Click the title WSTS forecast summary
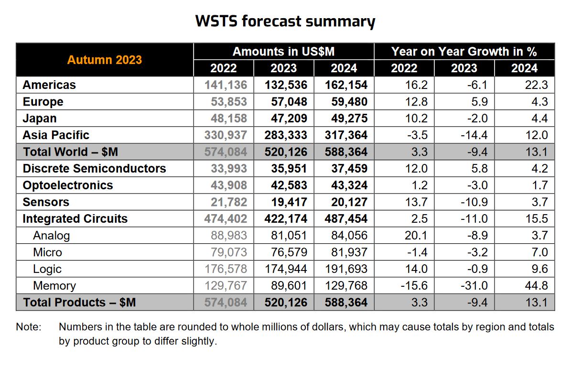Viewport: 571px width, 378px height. [x=285, y=22]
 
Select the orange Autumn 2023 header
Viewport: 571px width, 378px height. [x=104, y=60]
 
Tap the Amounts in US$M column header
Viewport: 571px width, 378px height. [x=284, y=52]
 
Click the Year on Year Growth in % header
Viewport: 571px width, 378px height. [x=464, y=52]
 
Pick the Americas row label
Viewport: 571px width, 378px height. [x=49, y=85]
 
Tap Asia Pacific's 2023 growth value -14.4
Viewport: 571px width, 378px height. [x=474, y=135]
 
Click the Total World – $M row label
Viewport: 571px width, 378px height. [x=70, y=152]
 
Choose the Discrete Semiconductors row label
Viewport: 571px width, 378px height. [x=94, y=169]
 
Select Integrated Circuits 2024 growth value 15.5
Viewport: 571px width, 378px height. [x=539, y=219]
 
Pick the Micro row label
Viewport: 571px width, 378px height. [x=47, y=252]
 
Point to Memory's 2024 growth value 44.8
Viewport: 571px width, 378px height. [x=539, y=286]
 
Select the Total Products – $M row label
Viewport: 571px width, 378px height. [x=79, y=302]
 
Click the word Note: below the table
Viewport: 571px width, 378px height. [x=29, y=327]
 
